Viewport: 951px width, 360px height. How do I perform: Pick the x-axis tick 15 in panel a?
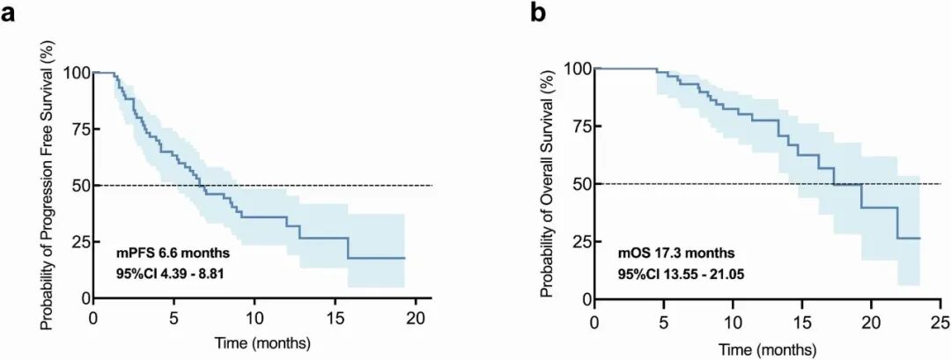click(x=336, y=316)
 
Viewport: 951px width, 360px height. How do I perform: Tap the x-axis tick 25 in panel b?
click(x=940, y=318)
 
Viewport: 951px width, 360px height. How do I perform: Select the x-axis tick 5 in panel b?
click(x=664, y=318)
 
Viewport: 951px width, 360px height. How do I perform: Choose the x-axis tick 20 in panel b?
click(x=870, y=318)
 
